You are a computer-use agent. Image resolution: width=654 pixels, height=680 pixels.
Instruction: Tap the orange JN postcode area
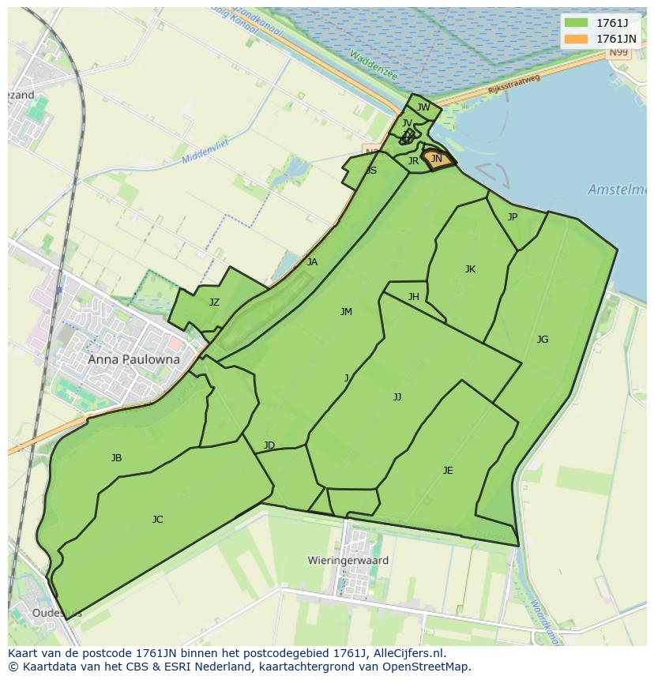tap(437, 160)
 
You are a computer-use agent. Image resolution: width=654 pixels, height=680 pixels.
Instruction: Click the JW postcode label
tap(423, 107)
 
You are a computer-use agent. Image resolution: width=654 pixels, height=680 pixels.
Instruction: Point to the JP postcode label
tap(513, 216)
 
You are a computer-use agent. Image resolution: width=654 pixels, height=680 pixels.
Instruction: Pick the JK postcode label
tap(470, 269)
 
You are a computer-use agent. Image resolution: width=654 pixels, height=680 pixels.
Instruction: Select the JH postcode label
tap(414, 297)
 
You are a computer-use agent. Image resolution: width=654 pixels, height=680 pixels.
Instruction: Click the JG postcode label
tap(542, 340)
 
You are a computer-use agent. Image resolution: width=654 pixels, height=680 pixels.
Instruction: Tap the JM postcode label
tap(346, 312)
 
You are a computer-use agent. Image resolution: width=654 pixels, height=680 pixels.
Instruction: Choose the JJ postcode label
tap(397, 397)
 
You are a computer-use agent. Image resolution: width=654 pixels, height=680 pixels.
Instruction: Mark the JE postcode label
tap(448, 471)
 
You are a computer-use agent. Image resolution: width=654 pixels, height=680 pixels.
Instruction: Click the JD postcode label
tap(269, 445)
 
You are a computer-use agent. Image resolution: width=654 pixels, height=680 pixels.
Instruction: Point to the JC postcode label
tap(157, 520)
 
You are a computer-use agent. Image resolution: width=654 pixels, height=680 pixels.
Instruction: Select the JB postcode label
tap(116, 458)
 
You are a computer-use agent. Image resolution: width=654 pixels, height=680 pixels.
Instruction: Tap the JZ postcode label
tap(214, 302)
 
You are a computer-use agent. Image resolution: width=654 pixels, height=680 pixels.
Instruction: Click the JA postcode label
tap(312, 262)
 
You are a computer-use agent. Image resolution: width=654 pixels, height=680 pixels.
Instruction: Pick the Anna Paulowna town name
tap(133, 359)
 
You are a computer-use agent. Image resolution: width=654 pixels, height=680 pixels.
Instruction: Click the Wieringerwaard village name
tap(348, 561)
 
